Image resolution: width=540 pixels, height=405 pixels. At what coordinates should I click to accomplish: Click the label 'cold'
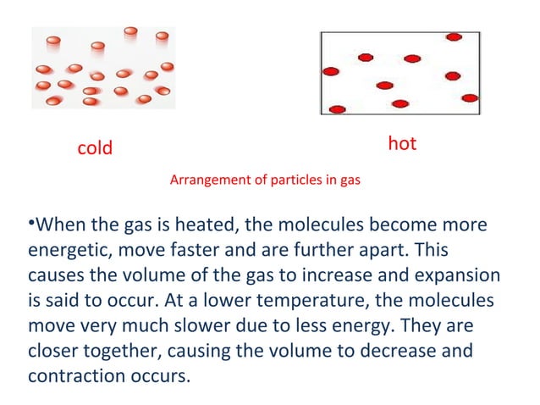pos(95,148)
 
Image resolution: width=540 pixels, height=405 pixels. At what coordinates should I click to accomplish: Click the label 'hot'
pos(402,144)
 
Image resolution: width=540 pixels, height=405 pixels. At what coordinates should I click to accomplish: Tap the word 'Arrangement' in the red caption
pos(207,180)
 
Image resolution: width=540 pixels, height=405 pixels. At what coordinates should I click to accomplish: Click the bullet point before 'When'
pos(30,224)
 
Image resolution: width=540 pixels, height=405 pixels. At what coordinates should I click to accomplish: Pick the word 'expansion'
pos(461,276)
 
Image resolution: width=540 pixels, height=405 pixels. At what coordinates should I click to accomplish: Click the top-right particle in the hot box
pos(454,37)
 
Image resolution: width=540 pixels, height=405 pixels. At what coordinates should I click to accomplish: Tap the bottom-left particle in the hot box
pos(338,109)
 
